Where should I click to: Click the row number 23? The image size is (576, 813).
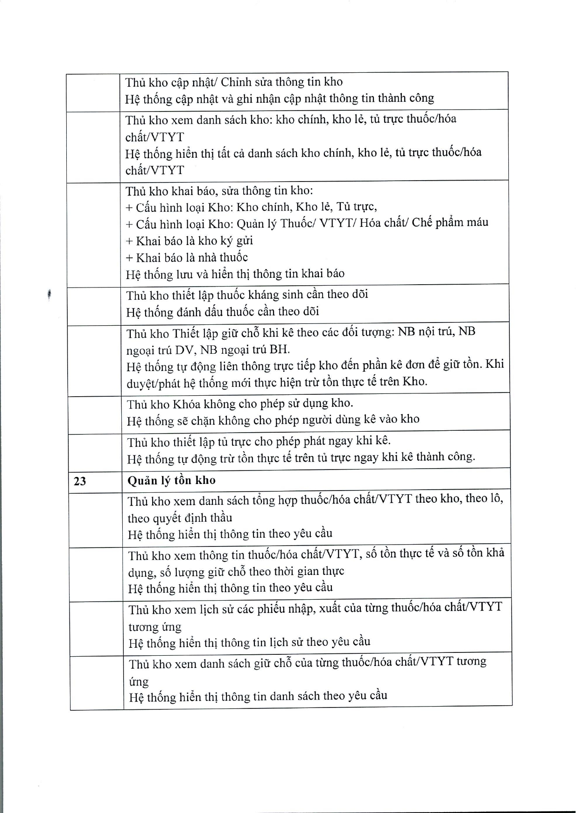click(80, 481)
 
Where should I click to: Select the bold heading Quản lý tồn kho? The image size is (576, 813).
click(171, 480)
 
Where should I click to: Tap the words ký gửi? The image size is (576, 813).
click(238, 240)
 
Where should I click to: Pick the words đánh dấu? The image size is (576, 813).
click(196, 312)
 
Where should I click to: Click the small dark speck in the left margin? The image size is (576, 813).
click(49, 295)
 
